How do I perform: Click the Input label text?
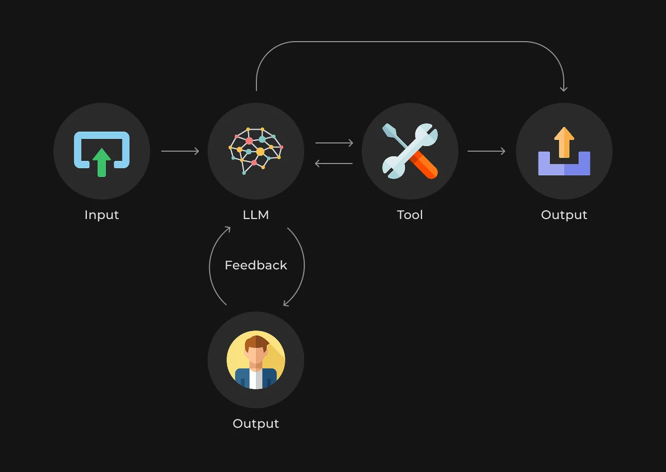coord(102,215)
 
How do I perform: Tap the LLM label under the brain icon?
coord(256,215)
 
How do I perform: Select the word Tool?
coord(410,215)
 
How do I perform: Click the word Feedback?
coord(256,265)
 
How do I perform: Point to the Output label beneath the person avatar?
coord(256,424)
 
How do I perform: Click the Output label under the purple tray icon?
coord(564,215)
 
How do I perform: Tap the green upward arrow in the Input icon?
coord(102,162)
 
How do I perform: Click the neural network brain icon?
coord(256,151)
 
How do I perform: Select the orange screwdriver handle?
coord(423,165)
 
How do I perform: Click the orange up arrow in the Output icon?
coord(564,142)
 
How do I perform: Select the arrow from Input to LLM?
coord(180,151)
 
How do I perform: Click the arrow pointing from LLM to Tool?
coord(334,143)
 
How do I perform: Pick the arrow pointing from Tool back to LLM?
coord(334,164)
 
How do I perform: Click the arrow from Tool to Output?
coord(487,151)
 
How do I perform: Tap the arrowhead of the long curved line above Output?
coord(564,88)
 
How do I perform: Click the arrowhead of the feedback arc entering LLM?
coord(228,229)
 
